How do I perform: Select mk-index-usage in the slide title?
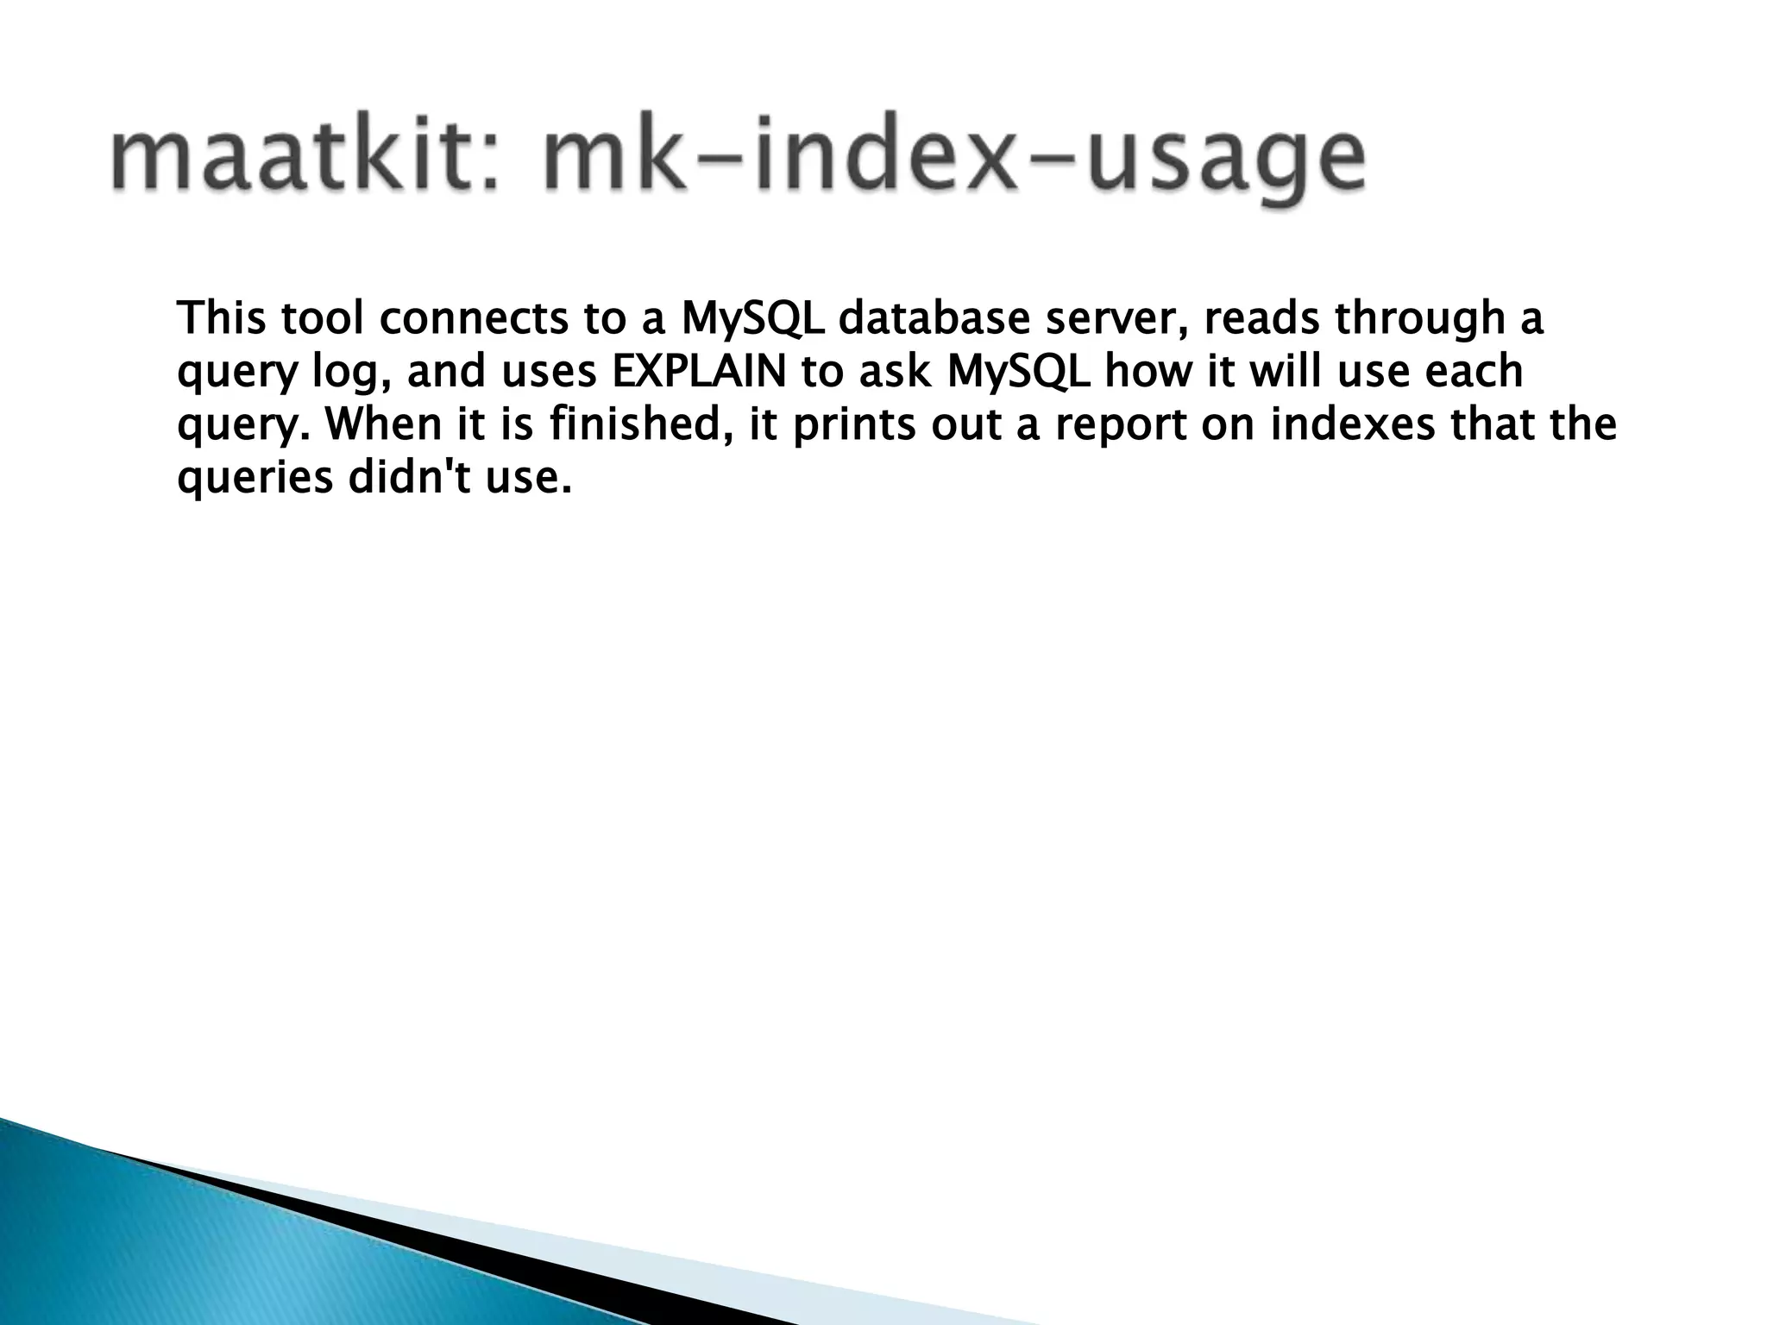[x=953, y=160]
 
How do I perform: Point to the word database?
[x=935, y=318]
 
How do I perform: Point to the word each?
[x=1474, y=372]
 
